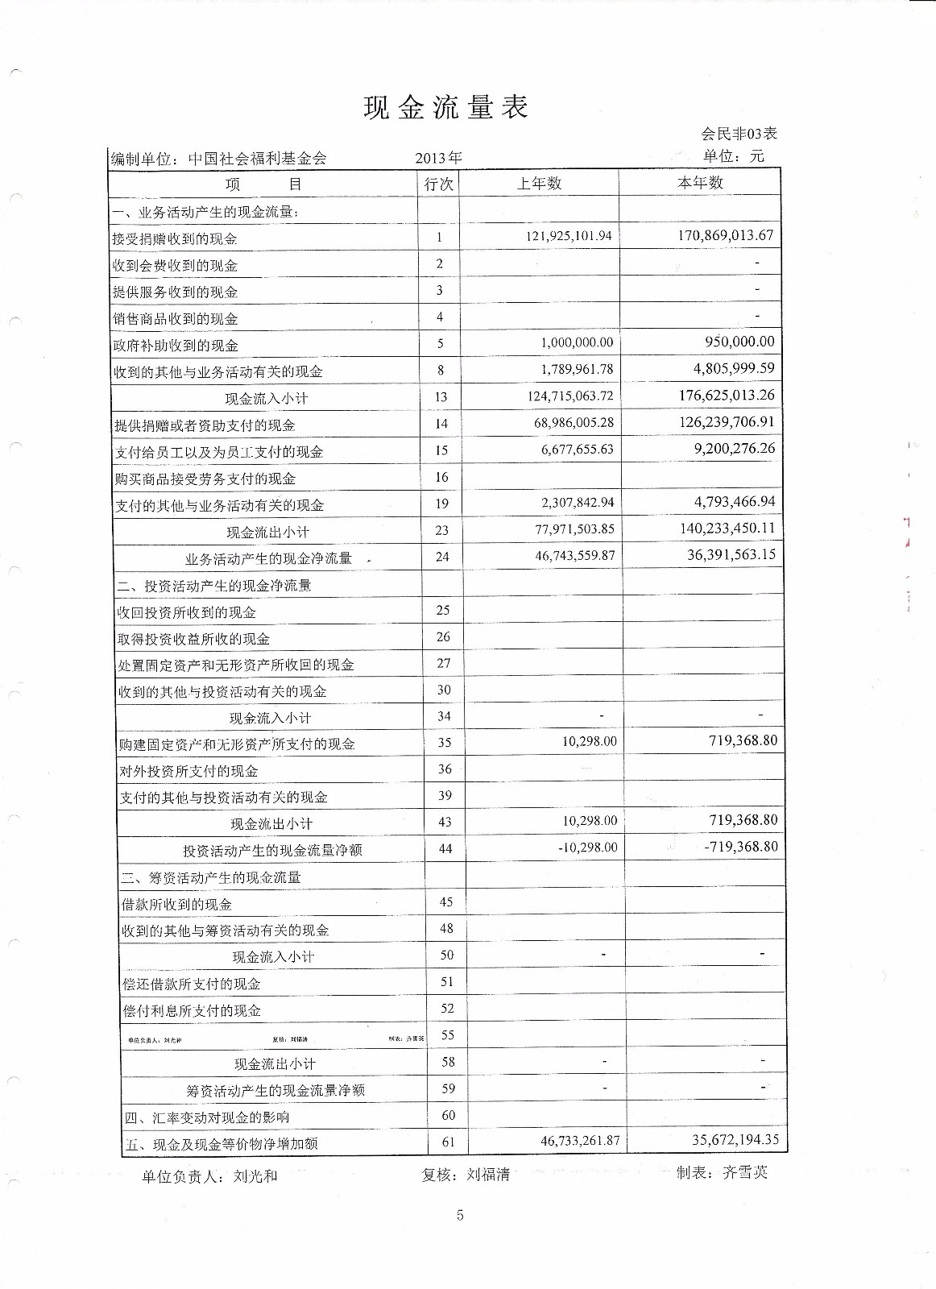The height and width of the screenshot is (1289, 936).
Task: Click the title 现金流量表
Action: pyautogui.click(x=445, y=107)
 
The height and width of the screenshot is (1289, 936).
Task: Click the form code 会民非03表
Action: pyautogui.click(x=739, y=134)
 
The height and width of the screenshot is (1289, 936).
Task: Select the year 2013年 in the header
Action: pyautogui.click(x=438, y=158)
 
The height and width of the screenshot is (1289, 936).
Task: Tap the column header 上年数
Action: pyautogui.click(x=539, y=183)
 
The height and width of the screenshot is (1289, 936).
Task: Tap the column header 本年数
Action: pyautogui.click(x=700, y=183)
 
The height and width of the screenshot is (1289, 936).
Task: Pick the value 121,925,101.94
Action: pyautogui.click(x=569, y=236)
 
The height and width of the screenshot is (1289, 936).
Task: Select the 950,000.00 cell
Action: pyautogui.click(x=739, y=342)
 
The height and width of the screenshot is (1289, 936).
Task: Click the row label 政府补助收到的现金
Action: pyautogui.click(x=176, y=346)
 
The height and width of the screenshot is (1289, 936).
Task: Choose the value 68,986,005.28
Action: pyautogui.click(x=574, y=422)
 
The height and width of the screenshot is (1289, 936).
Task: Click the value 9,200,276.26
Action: pyautogui.click(x=735, y=448)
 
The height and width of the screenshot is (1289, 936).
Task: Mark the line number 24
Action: pyautogui.click(x=442, y=557)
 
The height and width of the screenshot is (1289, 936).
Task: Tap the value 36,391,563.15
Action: pyautogui.click(x=731, y=554)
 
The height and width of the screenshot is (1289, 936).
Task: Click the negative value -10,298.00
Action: pyautogui.click(x=588, y=848)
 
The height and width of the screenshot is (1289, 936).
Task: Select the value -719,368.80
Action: pyautogui.click(x=741, y=847)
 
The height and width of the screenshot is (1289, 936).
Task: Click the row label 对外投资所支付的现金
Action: pyautogui.click(x=189, y=771)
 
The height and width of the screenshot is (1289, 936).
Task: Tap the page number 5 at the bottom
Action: pyautogui.click(x=460, y=1216)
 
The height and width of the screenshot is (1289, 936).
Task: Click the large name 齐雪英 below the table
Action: pyautogui.click(x=745, y=1172)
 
